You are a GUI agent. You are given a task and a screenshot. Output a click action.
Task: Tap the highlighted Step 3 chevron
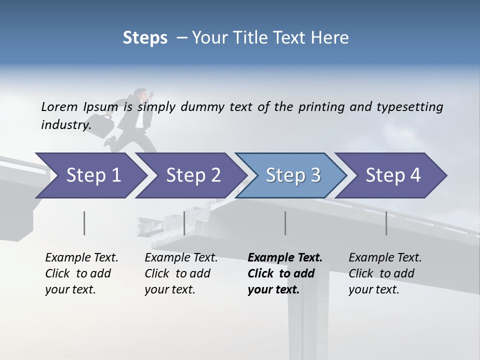pyautogui.click(x=293, y=175)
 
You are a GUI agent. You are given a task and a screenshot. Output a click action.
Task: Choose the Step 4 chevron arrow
pyautogui.click(x=393, y=175)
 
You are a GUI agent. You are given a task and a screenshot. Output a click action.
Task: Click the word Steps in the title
pyautogui.click(x=145, y=38)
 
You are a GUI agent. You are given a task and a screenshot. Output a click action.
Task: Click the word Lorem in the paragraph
pyautogui.click(x=59, y=106)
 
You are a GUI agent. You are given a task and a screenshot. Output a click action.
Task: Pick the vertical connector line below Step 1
pyautogui.click(x=84, y=223)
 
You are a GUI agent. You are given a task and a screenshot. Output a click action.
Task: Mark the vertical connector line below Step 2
pyautogui.click(x=184, y=223)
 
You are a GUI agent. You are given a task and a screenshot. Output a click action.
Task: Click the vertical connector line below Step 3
pyautogui.click(x=285, y=223)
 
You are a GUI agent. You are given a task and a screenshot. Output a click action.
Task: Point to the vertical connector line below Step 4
pyautogui.click(x=386, y=223)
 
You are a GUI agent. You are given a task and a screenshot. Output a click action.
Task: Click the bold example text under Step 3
pyautogui.click(x=284, y=273)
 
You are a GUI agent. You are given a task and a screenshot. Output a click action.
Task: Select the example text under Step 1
pyautogui.click(x=81, y=273)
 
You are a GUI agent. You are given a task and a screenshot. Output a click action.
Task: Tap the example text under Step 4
pyautogui.click(x=385, y=273)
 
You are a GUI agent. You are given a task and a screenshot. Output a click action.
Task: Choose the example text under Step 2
pyautogui.click(x=181, y=273)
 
